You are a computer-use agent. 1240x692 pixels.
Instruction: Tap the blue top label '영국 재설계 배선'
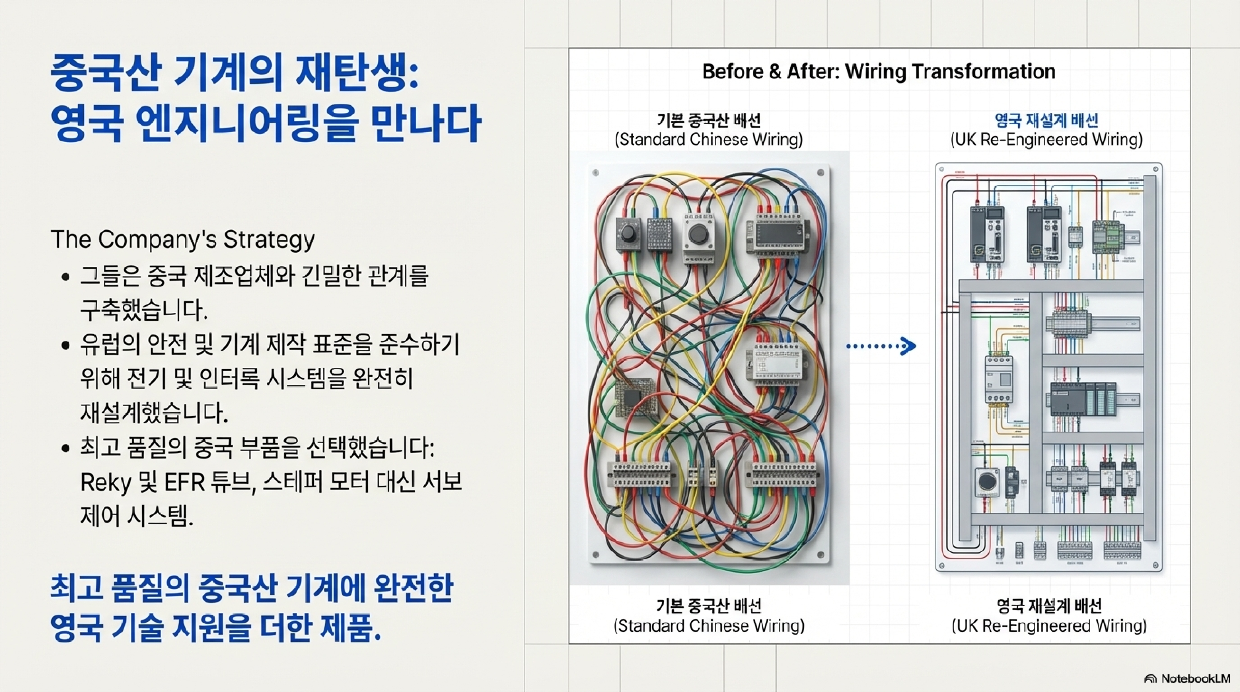point(1046,120)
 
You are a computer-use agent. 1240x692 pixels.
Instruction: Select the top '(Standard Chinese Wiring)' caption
point(709,140)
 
